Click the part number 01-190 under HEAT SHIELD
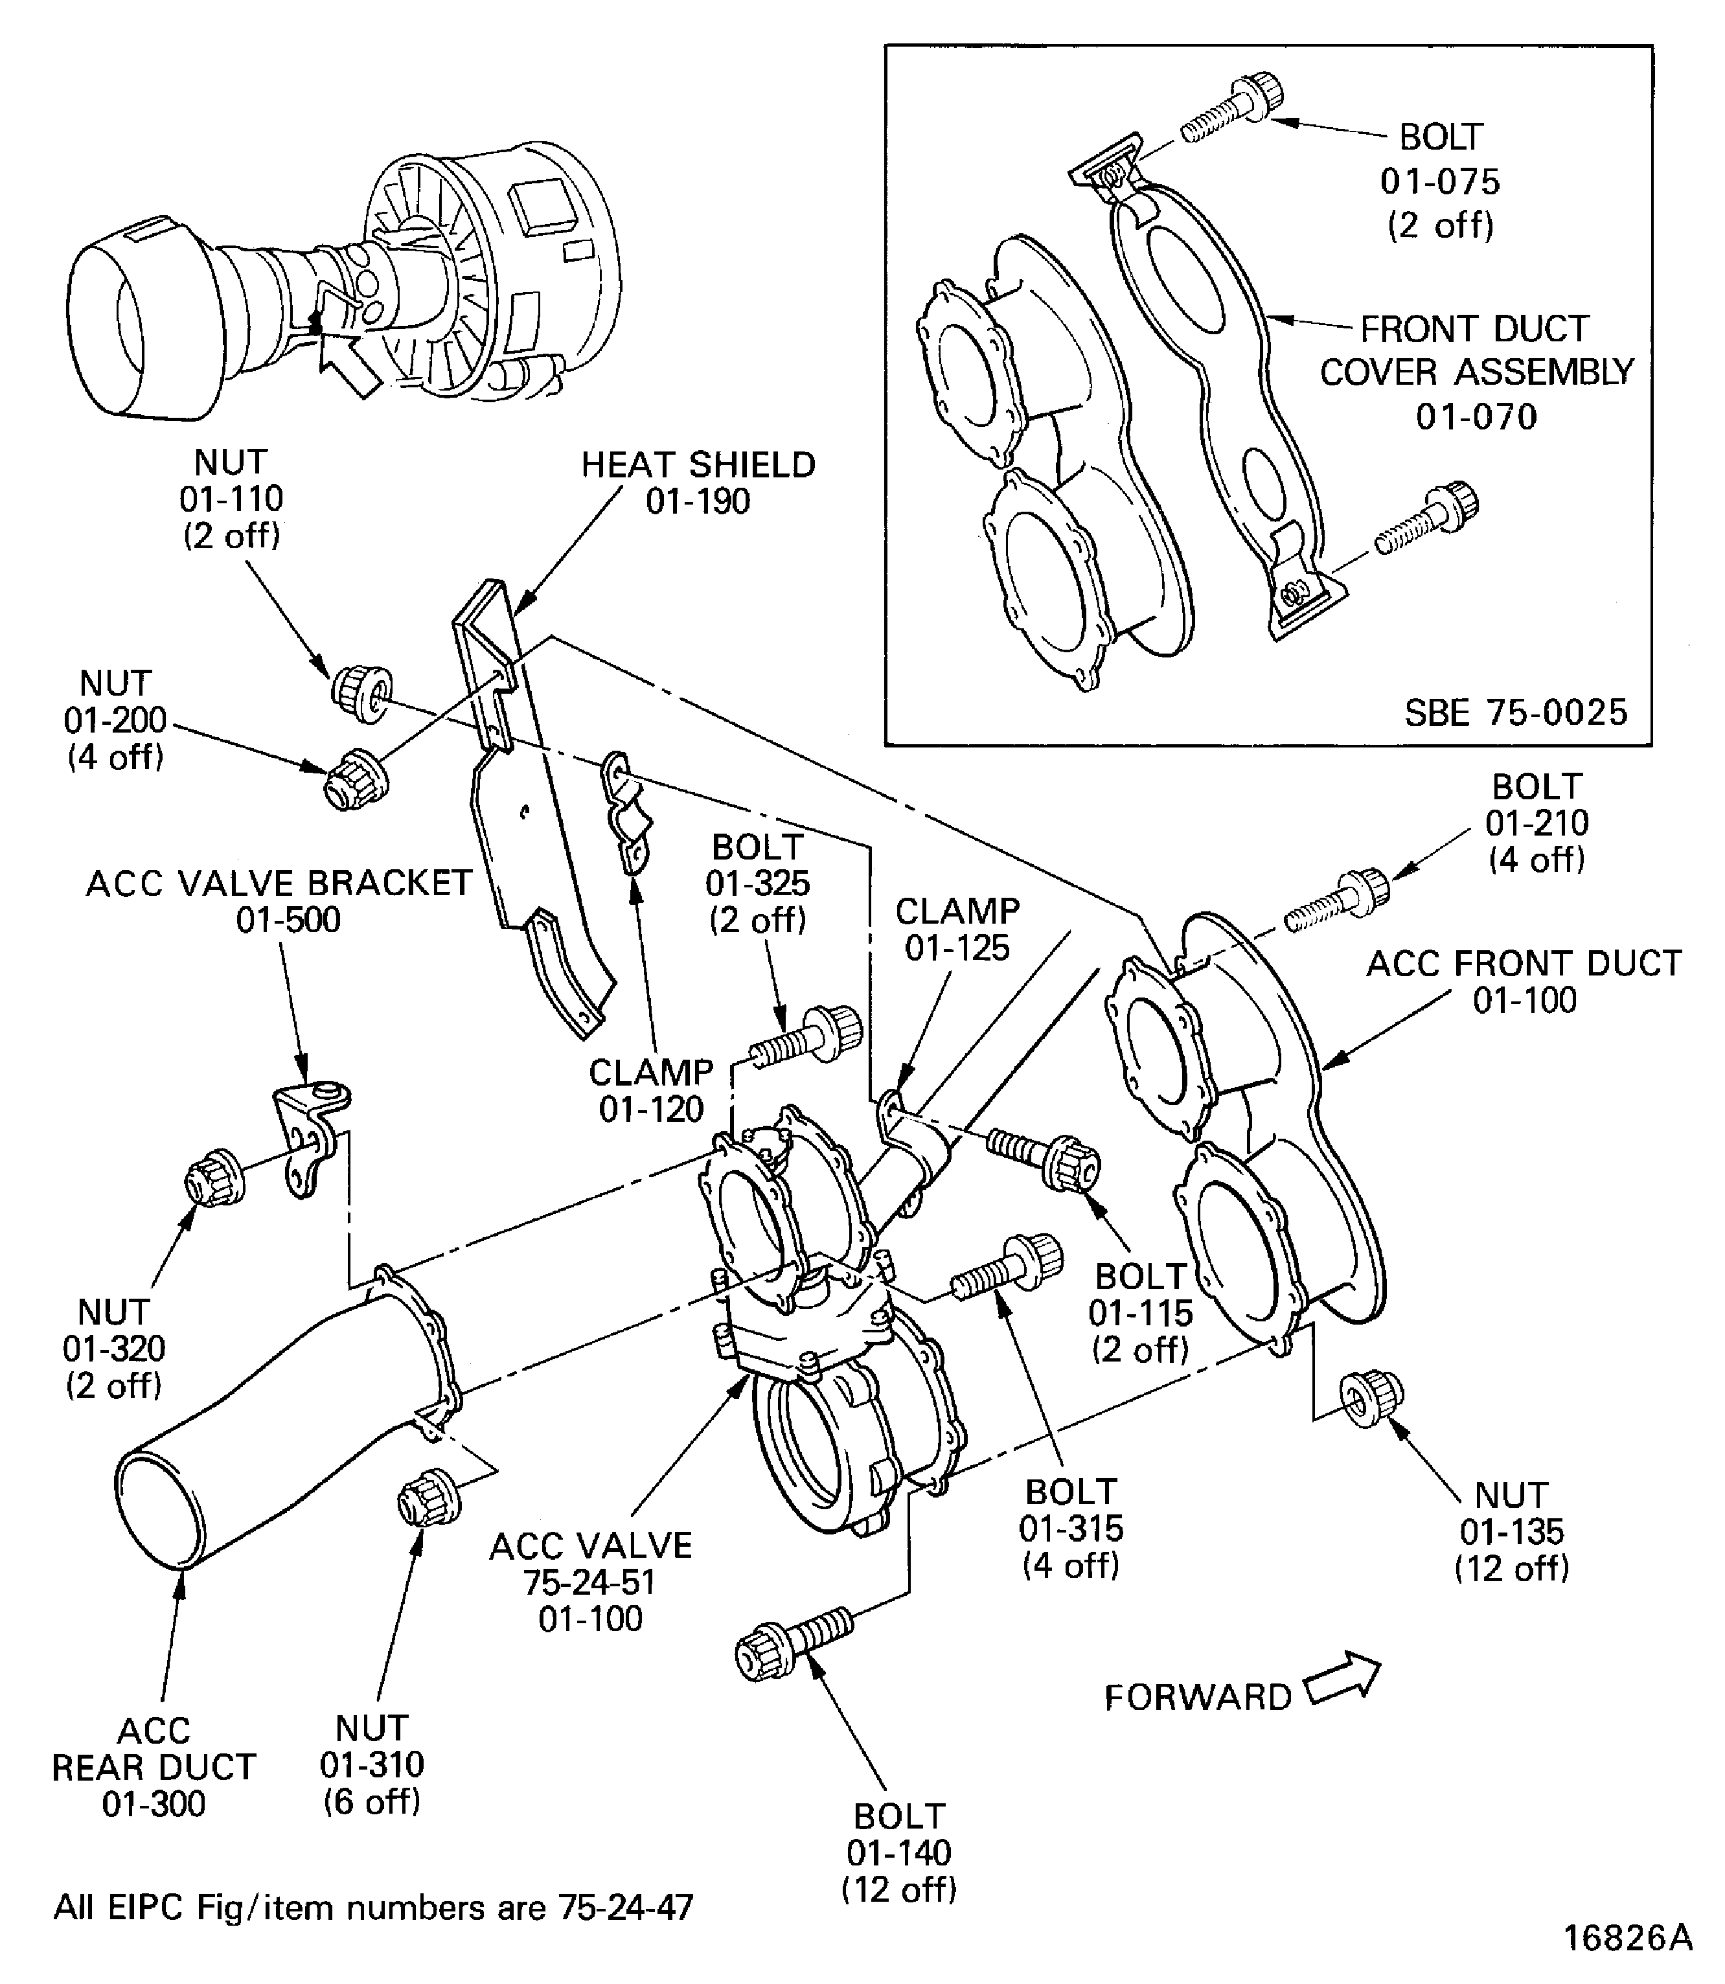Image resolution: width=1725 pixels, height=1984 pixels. pyautogui.click(x=698, y=501)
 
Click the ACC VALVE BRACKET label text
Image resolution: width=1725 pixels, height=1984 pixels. pyautogui.click(x=279, y=883)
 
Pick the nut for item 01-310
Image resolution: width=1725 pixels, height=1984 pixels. pyautogui.click(x=428, y=1497)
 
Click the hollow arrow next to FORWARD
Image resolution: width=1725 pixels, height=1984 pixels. pyautogui.click(x=1342, y=1680)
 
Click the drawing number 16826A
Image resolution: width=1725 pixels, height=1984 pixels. pyautogui.click(x=1627, y=1937)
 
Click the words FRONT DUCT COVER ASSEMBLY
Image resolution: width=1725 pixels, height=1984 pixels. pyautogui.click(x=1476, y=350)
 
